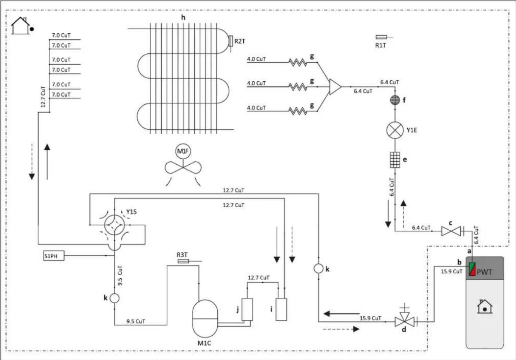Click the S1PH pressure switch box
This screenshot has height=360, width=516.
click(54, 256)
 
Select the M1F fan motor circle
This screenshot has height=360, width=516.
click(183, 151)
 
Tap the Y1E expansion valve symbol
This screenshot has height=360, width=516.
click(395, 130)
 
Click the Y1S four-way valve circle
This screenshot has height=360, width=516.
click(114, 225)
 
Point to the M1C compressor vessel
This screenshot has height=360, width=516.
click(205, 319)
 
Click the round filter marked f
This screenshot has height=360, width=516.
click(395, 100)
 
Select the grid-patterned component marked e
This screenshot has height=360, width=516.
click(395, 160)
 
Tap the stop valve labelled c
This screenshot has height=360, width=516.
click(451, 231)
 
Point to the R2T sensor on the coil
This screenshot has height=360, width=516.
click(231, 41)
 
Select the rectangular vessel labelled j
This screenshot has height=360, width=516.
click(247, 309)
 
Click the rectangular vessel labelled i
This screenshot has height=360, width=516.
click(281, 309)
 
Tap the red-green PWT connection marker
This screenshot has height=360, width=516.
click(472, 269)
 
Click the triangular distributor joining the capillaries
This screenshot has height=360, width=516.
click(335, 87)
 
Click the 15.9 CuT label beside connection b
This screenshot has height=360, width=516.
click(451, 271)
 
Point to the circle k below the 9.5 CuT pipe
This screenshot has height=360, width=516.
click(114, 298)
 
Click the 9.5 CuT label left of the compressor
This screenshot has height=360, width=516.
click(136, 321)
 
